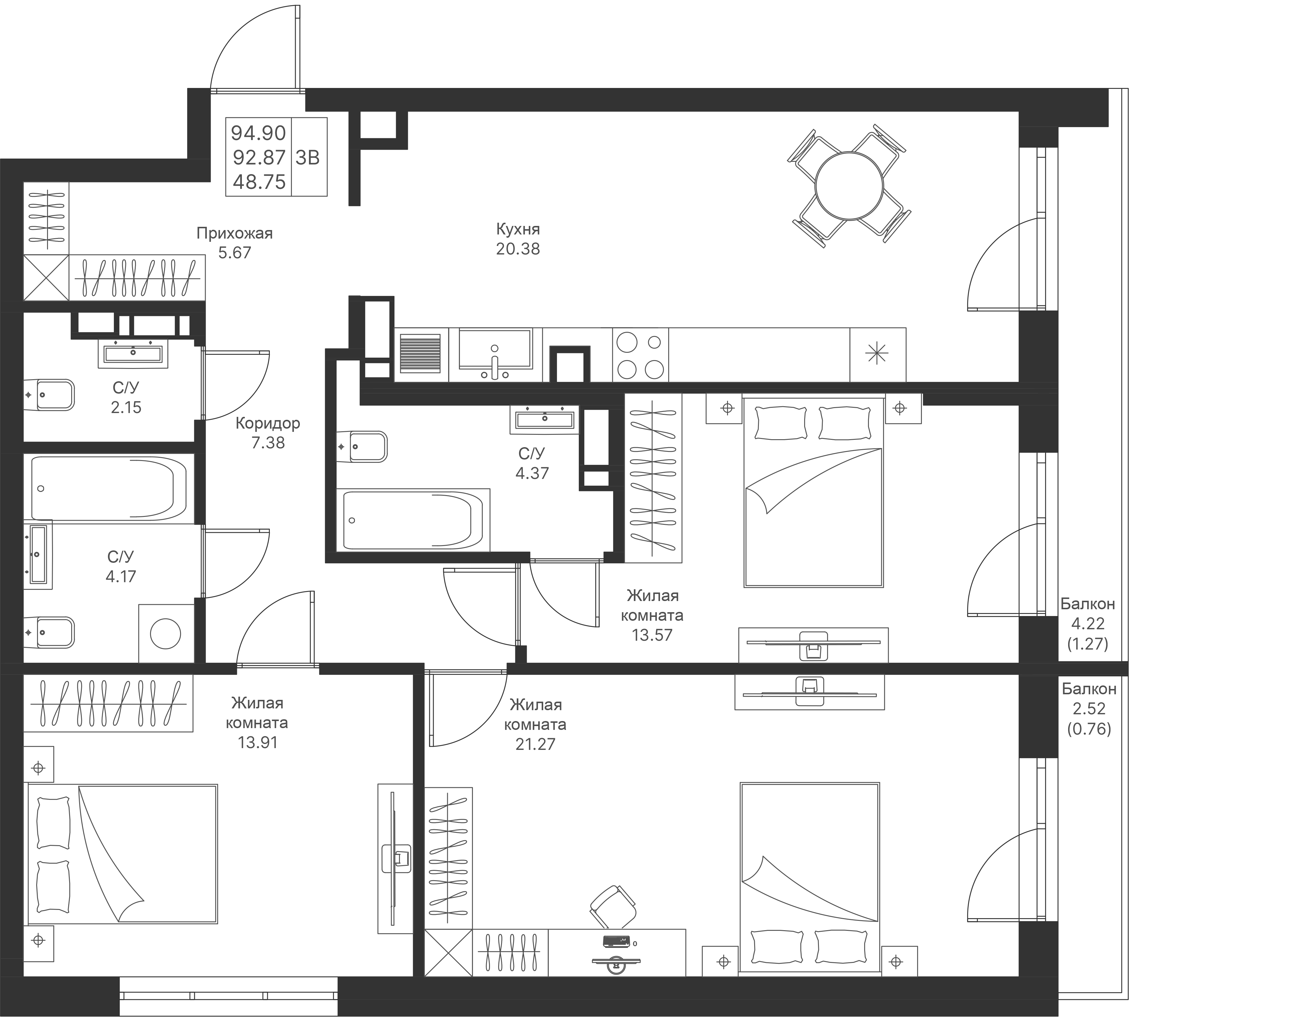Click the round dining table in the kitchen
point(849,186)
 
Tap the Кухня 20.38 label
point(518,239)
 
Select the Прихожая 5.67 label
point(234,242)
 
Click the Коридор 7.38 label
point(268,433)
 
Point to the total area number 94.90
point(258,133)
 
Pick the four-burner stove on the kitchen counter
point(640,355)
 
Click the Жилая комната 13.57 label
point(652,615)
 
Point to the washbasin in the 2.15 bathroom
point(133,354)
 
